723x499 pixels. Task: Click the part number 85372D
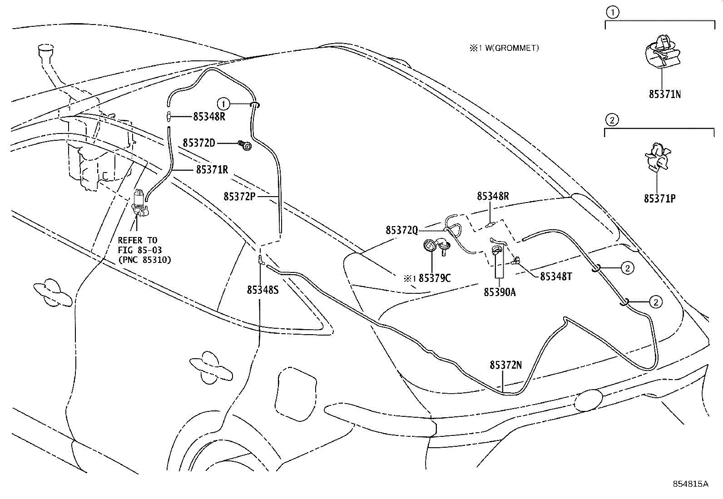pos(199,143)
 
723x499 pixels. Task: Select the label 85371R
pos(212,169)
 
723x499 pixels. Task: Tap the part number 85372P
pos(239,196)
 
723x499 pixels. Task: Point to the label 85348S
pos(263,290)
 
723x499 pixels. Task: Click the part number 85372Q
pos(402,230)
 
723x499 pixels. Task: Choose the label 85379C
pos(435,278)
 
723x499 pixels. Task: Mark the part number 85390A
pos(500,292)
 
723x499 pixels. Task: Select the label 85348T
pos(556,277)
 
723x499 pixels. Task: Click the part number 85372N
pos(506,365)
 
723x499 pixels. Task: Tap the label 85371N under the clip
pos(665,94)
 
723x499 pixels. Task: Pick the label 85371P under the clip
pos(660,198)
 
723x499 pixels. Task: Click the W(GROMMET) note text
pos(512,48)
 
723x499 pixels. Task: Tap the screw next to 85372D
pos(245,146)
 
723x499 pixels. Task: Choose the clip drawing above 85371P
pos(657,158)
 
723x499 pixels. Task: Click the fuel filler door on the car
pos(296,394)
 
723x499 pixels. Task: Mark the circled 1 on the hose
pos(223,104)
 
